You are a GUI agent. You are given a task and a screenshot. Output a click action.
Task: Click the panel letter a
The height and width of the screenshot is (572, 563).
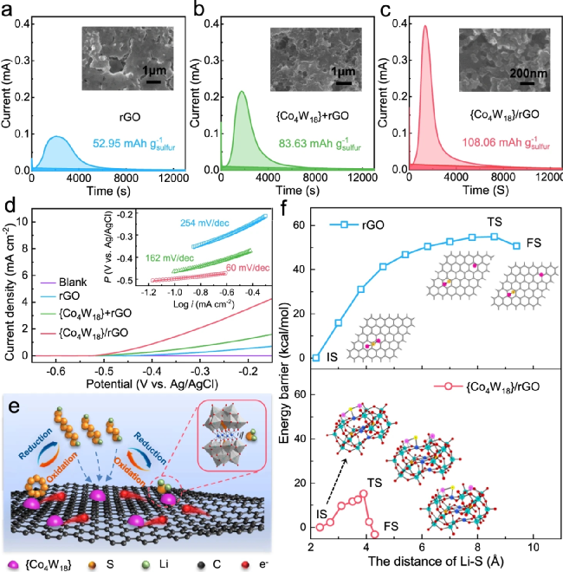8,10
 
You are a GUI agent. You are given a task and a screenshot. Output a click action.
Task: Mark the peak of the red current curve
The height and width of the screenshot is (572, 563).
424,26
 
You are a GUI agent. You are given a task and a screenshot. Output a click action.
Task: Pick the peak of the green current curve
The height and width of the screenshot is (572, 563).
242,92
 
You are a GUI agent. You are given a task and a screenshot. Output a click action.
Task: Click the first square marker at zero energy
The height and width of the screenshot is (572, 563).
317,357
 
